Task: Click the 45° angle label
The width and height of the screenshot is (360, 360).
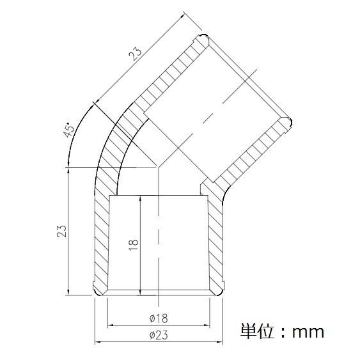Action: click(x=70, y=130)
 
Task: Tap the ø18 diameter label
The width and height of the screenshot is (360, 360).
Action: click(x=159, y=318)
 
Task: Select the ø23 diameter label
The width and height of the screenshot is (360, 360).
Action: click(x=159, y=335)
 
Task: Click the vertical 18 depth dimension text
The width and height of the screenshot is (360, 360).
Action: click(x=134, y=245)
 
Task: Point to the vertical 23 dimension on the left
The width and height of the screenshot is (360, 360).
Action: click(x=61, y=231)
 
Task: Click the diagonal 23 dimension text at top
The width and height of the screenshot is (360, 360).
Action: click(x=135, y=54)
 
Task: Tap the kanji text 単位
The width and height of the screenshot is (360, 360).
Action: click(x=257, y=331)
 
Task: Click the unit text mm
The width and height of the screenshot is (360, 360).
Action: click(x=308, y=332)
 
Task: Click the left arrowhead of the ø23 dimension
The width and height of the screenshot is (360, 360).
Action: click(x=98, y=342)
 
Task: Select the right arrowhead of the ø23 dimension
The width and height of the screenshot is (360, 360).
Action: click(x=220, y=342)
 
